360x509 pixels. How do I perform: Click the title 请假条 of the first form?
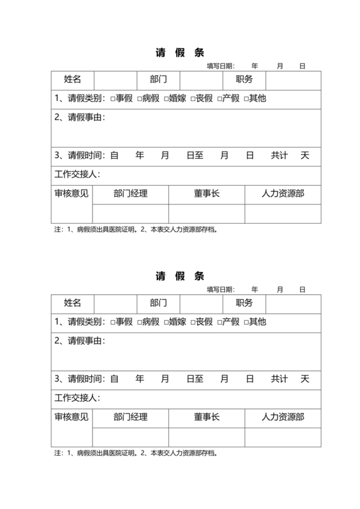pos(180,53)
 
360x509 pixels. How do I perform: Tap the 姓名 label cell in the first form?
pos(73,80)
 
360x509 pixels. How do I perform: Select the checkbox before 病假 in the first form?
pos(139,99)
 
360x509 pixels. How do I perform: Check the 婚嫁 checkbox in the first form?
pos(166,99)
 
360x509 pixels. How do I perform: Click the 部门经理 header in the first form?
pos(130,193)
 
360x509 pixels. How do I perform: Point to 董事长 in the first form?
pos(206,193)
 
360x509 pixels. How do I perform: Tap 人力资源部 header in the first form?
pos(282,193)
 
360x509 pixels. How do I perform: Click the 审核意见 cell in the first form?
pos(72,193)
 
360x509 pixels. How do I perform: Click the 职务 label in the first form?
pos(244,80)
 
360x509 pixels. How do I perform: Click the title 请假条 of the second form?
pos(180,276)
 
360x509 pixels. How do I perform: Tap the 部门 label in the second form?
pos(159,303)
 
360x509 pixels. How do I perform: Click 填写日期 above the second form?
pos(221,290)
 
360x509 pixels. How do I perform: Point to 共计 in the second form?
pos(279,379)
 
